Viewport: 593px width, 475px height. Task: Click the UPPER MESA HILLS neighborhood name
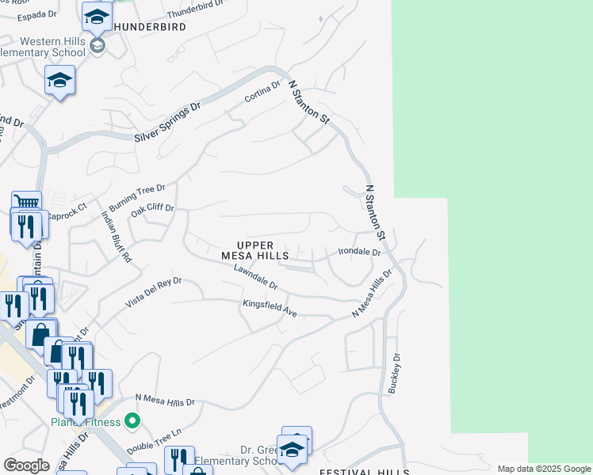click(x=255, y=251)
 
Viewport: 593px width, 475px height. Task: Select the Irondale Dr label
click(x=360, y=252)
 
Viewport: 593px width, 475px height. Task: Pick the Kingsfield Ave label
click(x=270, y=309)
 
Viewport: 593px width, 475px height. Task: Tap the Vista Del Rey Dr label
click(x=154, y=292)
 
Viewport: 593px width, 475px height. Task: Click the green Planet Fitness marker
click(x=132, y=421)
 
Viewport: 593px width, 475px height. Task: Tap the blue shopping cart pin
click(x=26, y=203)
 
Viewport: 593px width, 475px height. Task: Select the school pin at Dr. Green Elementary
click(x=292, y=449)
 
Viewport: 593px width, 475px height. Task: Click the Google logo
click(x=26, y=465)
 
